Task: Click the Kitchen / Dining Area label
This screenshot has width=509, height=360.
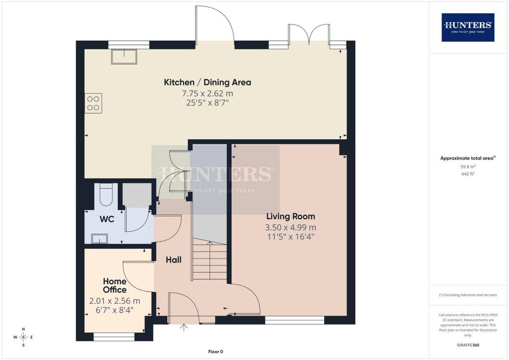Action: coord(207,83)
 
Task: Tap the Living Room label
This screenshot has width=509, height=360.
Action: coord(290,216)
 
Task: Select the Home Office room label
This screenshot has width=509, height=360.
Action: coord(115,285)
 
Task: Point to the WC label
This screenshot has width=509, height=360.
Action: coord(107,219)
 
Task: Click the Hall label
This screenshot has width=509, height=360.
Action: coord(173,260)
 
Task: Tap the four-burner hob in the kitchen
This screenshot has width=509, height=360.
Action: coord(93,103)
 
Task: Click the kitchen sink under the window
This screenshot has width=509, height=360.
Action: coord(124,57)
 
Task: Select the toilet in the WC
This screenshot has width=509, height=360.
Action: coord(106,195)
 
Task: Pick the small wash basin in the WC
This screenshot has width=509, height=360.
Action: coord(99,239)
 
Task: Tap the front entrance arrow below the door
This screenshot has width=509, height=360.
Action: coord(184,328)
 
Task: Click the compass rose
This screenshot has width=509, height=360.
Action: coord(23,337)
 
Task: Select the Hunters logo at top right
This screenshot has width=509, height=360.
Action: coord(468,27)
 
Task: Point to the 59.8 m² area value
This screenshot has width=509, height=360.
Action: coord(468,167)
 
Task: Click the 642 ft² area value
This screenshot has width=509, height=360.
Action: coord(468,174)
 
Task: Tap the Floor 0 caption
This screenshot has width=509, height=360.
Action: coord(216,352)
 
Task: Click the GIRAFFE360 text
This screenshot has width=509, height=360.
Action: coord(468,345)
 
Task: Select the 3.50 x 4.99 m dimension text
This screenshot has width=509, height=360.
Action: coord(290,227)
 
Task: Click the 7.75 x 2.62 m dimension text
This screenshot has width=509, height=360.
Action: coord(207,93)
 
